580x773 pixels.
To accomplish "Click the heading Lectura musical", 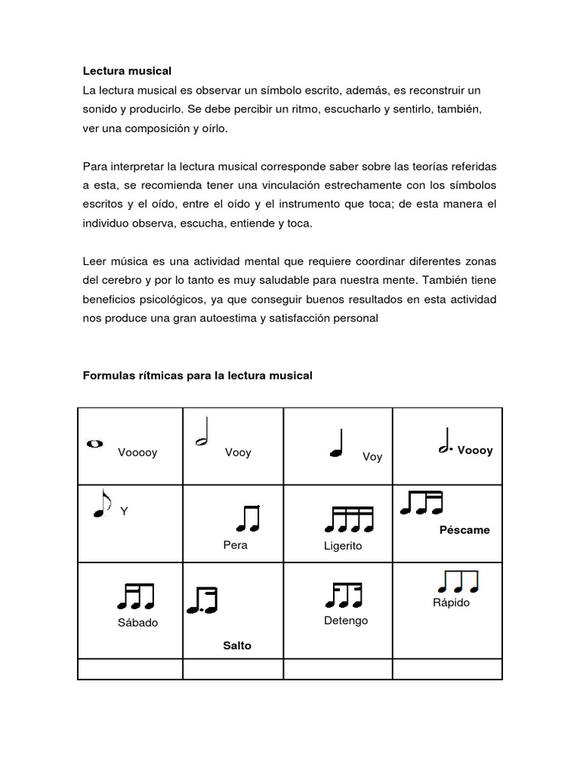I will pyautogui.click(x=127, y=71).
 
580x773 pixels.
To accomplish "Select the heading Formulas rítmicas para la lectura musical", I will pyautogui.click(x=197, y=375).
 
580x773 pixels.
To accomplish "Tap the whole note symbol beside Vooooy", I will pyautogui.click(x=95, y=444).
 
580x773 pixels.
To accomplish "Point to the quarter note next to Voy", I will pyautogui.click(x=338, y=444).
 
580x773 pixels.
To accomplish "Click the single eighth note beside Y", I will pyautogui.click(x=101, y=503).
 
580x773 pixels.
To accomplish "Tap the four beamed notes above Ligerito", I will pyautogui.click(x=350, y=519).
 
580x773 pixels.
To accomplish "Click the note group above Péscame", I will pyautogui.click(x=421, y=502).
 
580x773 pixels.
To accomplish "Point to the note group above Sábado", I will pyautogui.click(x=136, y=596).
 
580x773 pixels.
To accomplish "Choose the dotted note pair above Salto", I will pyautogui.click(x=202, y=600).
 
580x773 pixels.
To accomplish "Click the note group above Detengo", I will pyautogui.click(x=344, y=594).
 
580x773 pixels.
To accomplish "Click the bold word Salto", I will pyautogui.click(x=237, y=645).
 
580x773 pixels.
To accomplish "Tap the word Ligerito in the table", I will pyautogui.click(x=342, y=545).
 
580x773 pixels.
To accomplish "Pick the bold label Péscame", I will pyautogui.click(x=464, y=530).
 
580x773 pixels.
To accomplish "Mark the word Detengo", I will pyautogui.click(x=345, y=621).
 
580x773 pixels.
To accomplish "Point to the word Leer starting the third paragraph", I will pyautogui.click(x=94, y=261).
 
